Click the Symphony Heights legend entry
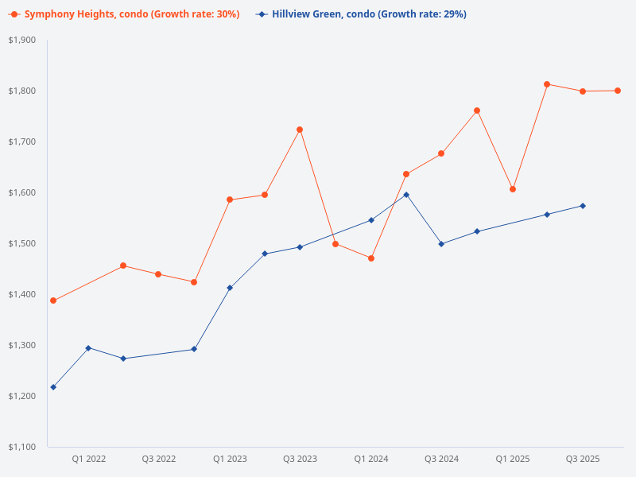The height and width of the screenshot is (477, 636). coord(124,14)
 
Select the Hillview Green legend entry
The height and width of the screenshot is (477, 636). coord(362,14)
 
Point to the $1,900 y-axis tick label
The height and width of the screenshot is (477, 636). coord(21,40)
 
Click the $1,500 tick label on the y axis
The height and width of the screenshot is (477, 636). coord(21,243)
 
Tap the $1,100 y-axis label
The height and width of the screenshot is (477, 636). coord(21,447)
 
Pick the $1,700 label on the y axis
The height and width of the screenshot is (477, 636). coord(21,142)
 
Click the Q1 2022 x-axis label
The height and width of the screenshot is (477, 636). coord(88,459)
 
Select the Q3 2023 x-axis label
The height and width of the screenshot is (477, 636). coord(300,459)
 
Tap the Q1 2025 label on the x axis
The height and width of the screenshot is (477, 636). coord(513,459)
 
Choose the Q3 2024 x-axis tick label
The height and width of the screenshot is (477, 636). coord(441,459)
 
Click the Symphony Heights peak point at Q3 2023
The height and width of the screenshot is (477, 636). coord(300,130)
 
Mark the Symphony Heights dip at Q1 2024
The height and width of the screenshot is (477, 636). coord(371,258)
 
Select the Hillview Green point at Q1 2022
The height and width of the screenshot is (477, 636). coord(88,348)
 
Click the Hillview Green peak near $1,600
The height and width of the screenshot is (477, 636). coord(406,195)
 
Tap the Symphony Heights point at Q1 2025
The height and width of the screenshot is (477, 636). coord(513,189)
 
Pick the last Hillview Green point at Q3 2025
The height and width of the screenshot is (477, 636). coord(583,206)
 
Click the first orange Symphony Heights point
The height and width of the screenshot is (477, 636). coord(53,301)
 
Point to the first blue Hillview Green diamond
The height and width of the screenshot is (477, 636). coord(53,387)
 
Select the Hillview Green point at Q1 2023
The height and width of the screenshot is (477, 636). coord(230,288)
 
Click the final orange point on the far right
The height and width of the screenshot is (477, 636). coord(618,91)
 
